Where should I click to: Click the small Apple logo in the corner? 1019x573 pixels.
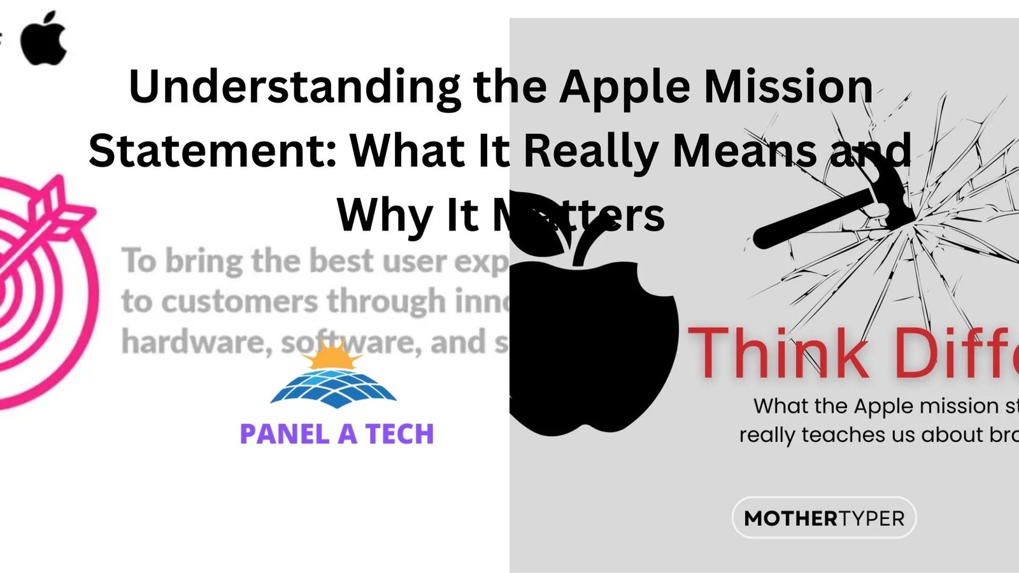[x=43, y=38]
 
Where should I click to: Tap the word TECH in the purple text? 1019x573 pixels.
[x=399, y=434]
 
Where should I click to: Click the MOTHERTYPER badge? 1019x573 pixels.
[x=824, y=518]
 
